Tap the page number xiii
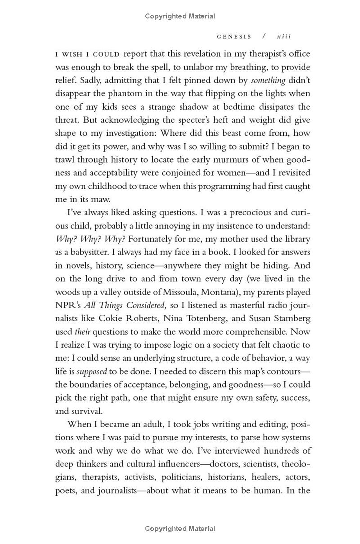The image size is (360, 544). (x=284, y=36)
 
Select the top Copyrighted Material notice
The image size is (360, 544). (x=180, y=16)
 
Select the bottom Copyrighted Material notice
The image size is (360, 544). (x=180, y=529)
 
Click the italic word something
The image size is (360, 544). (x=268, y=81)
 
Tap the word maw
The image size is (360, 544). (x=104, y=199)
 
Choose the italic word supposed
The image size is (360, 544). (x=92, y=372)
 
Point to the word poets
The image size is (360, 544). (x=66, y=490)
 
